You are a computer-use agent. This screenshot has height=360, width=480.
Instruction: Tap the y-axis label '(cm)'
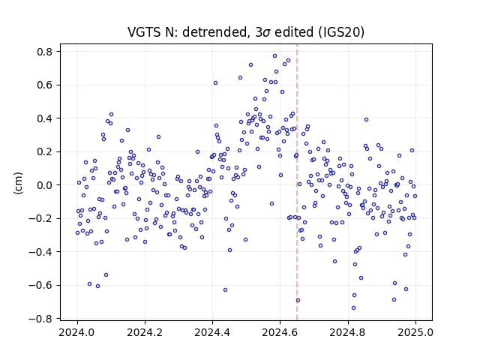[x=18, y=183]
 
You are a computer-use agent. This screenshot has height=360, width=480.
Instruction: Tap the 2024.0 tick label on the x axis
[x=77, y=332]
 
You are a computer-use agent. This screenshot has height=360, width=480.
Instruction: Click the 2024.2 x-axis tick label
[x=145, y=332]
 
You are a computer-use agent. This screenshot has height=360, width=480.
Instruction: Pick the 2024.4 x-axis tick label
[x=212, y=332]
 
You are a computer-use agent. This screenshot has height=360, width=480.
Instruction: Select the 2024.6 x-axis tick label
[x=280, y=332]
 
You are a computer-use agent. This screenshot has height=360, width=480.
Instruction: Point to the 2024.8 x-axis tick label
[x=348, y=332]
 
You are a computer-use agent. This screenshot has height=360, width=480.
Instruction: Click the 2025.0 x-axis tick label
[x=415, y=332]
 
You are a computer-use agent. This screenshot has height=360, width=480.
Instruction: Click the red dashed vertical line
[x=297, y=182]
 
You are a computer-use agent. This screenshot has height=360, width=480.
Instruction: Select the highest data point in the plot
[x=275, y=56]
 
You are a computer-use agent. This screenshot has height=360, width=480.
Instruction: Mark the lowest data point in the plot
[x=353, y=308]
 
